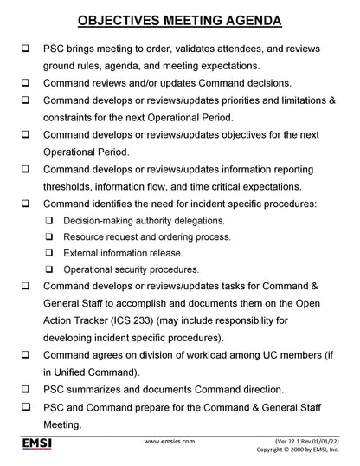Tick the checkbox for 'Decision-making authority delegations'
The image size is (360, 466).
point(52,221)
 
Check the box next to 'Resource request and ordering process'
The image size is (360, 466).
point(52,236)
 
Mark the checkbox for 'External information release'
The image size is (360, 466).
point(52,253)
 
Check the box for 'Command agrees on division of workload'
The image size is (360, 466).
point(27,354)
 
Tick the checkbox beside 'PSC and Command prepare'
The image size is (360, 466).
point(27,406)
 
